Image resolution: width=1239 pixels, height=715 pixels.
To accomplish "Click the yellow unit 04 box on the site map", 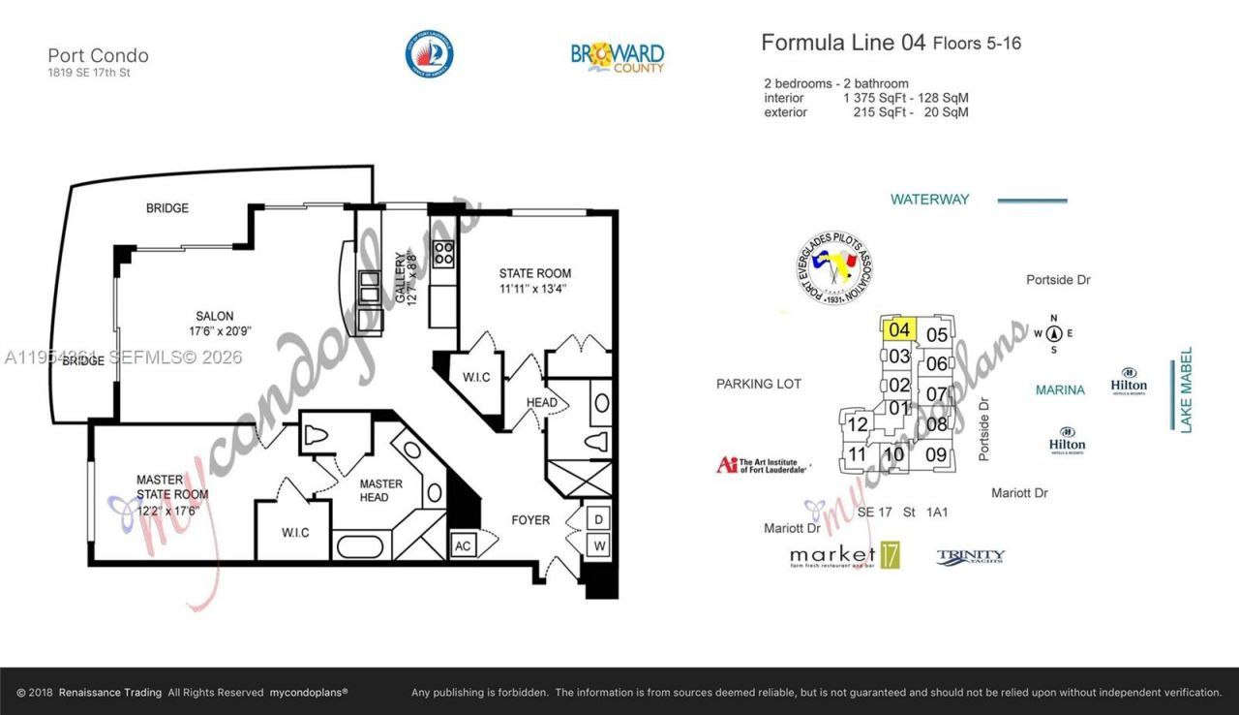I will point(899,329).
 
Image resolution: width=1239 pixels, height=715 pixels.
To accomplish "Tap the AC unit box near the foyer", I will point(462,545).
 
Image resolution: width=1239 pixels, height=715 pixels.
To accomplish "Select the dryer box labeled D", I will point(599,519).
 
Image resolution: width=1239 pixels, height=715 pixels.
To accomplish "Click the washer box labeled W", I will point(599,545).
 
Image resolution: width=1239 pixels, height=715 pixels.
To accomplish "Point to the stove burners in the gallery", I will point(444,254).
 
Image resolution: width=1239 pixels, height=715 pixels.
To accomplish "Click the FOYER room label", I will point(530,520).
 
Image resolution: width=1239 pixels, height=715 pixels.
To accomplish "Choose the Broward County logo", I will point(618,55).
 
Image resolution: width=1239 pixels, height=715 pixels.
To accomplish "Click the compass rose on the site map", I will point(1055,334).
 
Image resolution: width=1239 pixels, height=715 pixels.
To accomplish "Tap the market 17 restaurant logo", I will point(845,555).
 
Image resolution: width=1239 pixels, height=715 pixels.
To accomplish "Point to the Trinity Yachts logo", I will point(970,557).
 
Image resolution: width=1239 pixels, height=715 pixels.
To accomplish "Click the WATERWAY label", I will point(929,200).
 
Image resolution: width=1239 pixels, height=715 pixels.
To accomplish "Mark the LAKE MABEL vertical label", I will point(1186,389).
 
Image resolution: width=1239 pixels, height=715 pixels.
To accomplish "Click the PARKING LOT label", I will point(759,384).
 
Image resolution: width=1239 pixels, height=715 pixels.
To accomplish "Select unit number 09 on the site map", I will point(935,453).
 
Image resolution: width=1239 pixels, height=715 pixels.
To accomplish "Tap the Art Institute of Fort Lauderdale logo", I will point(763,465).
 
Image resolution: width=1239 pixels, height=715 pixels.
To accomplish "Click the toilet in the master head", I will point(319,436).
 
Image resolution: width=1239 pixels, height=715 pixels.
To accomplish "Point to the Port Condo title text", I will point(98,55).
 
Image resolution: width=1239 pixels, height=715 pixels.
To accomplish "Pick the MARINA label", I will point(1060,390).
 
